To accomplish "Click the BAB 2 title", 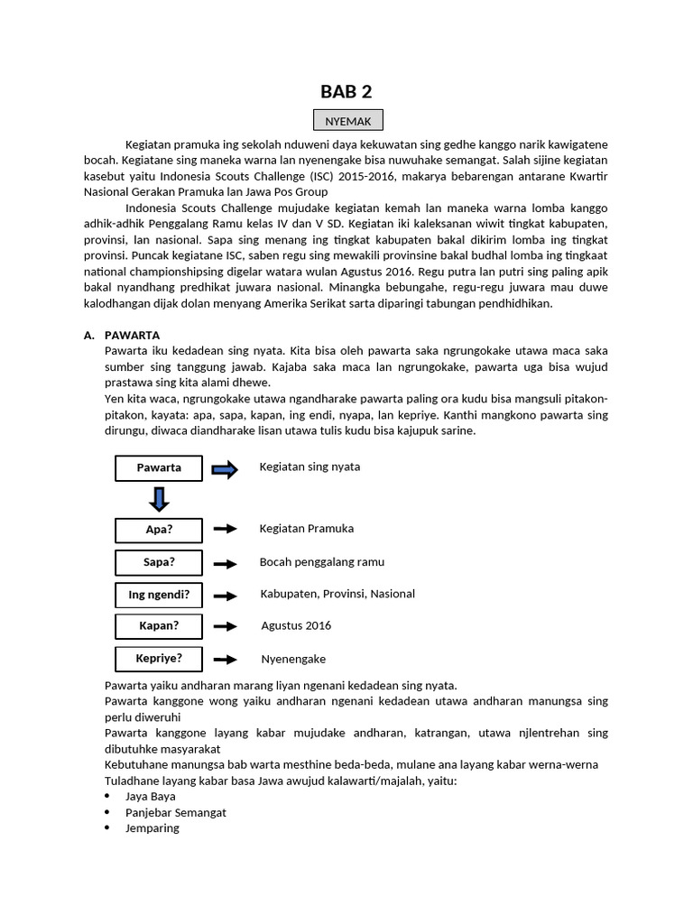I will [346, 91].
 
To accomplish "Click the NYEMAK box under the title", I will [347, 120].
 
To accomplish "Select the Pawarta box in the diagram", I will [159, 467].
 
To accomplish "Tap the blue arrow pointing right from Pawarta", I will [225, 467].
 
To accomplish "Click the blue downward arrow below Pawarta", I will [159, 499].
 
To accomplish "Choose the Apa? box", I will [159, 530].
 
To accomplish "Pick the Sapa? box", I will [159, 562].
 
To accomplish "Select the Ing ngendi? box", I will [159, 595].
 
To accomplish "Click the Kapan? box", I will [159, 625].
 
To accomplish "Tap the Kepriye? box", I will [159, 658].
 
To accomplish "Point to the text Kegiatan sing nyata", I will [310, 467].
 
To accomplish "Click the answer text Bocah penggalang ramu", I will [322, 561].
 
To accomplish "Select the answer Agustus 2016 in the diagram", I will [296, 625].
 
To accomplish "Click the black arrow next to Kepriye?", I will [225, 659].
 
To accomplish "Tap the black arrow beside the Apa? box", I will [225, 529].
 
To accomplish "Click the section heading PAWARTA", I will [133, 335].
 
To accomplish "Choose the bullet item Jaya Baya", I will [151, 797].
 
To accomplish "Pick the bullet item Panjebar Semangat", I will [176, 812].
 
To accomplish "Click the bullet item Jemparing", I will [152, 827].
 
